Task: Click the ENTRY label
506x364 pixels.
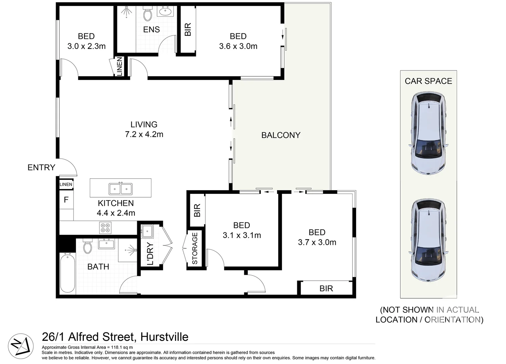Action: [x=41, y=168]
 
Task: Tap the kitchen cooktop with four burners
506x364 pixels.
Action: [x=105, y=228]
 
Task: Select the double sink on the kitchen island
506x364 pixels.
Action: [x=121, y=188]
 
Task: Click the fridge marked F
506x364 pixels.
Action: [x=66, y=200]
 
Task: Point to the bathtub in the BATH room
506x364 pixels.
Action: [x=68, y=273]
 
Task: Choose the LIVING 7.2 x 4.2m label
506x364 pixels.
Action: [x=144, y=129]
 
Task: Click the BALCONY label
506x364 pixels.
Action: [x=281, y=135]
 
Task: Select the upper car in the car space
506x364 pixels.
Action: [x=429, y=134]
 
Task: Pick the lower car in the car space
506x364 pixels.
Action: [x=429, y=240]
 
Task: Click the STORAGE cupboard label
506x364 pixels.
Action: [x=195, y=248]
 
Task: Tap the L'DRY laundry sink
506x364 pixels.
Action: [x=147, y=231]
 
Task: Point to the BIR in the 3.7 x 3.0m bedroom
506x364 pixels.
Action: [x=326, y=289]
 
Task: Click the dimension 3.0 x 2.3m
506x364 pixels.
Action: [x=86, y=46]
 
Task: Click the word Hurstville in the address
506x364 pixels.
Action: [x=164, y=337]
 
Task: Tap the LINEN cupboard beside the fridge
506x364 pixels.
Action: [x=66, y=184]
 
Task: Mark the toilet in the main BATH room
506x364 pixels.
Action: [x=87, y=247]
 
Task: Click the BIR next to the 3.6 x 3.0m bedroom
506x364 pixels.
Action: [x=188, y=30]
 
